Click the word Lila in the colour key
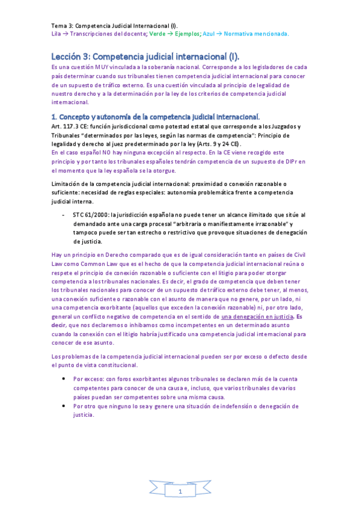click(x=56, y=34)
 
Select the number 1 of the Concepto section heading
click(x=53, y=116)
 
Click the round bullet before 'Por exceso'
click(x=64, y=379)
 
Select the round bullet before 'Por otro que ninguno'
click(x=64, y=406)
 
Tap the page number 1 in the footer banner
click(x=179, y=493)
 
